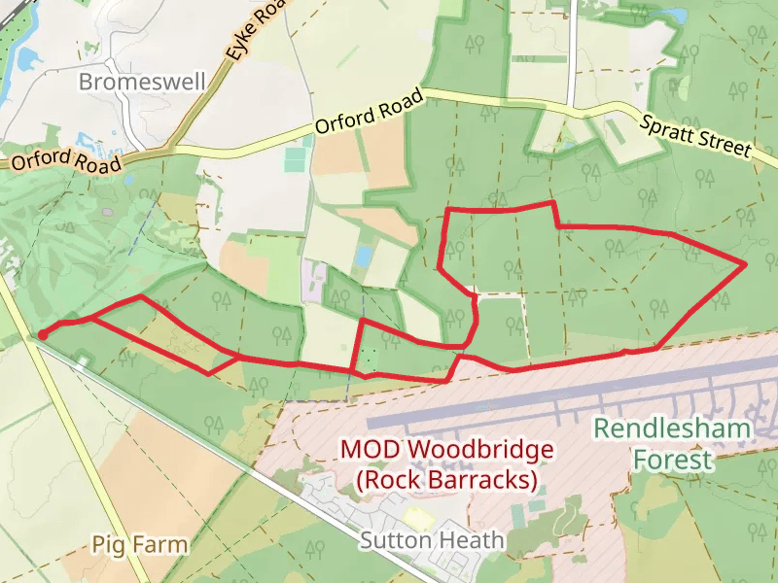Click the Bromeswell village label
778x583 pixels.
(142, 82)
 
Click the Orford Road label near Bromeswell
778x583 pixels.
(66, 160)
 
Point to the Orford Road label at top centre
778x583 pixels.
(370, 112)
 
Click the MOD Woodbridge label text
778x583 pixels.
(446, 451)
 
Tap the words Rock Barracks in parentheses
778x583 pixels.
(446, 480)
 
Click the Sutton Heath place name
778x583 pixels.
(432, 540)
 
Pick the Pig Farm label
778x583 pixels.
(140, 544)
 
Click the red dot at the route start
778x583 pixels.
(43, 335)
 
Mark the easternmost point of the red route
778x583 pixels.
(744, 263)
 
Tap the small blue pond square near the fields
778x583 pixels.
(364, 256)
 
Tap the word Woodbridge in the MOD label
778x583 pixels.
(481, 451)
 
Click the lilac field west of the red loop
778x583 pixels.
(314, 279)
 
